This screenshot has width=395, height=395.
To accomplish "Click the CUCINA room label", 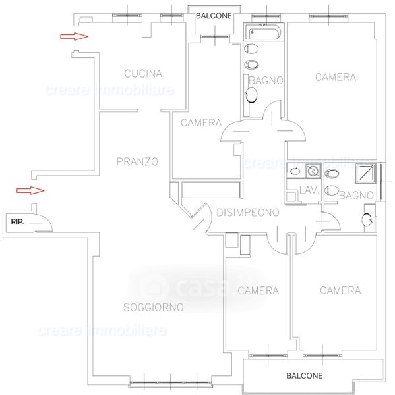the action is pyautogui.click(x=143, y=74).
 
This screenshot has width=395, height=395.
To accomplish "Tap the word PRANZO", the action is pyautogui.click(x=137, y=161).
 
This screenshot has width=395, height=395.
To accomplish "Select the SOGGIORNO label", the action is pyautogui.click(x=154, y=307).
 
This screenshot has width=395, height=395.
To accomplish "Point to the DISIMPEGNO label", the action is pyautogui.click(x=248, y=213).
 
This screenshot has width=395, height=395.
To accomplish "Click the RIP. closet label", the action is pyautogui.click(x=17, y=222).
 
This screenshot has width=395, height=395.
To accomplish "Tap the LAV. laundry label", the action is pyautogui.click(x=309, y=190).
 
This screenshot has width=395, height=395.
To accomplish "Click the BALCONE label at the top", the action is pyautogui.click(x=214, y=16).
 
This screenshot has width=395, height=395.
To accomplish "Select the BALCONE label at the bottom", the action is pyautogui.click(x=305, y=376).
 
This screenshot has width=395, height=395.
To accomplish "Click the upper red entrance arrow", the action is pyautogui.click(x=74, y=36).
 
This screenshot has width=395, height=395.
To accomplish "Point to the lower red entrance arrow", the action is pyautogui.click(x=30, y=190).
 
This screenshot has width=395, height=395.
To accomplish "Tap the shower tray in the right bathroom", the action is pyautogui.click(x=365, y=172).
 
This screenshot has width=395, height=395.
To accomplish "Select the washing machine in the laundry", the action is pyautogui.click(x=313, y=171).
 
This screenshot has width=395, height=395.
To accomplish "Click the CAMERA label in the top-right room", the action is pyautogui.click(x=336, y=77).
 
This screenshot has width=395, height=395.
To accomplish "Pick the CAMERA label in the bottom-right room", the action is pyautogui.click(x=340, y=290).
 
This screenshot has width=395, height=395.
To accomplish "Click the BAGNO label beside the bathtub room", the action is pyautogui.click(x=266, y=80).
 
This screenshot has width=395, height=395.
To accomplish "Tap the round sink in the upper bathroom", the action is pyautogui.click(x=251, y=95).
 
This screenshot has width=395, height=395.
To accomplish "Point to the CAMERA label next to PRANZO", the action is pyautogui.click(x=201, y=123).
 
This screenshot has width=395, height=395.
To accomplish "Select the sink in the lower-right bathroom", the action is pyautogui.click(x=367, y=219).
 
